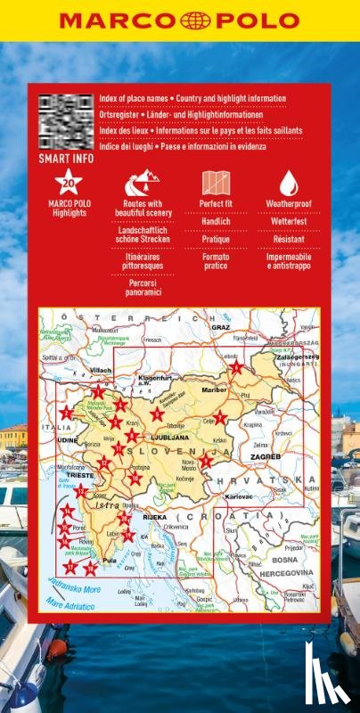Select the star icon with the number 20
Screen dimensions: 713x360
point(69,184)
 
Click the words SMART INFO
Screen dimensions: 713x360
point(63,160)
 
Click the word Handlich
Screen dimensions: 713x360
point(216,221)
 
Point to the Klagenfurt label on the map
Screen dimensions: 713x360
point(154,378)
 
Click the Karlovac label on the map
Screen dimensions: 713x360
point(240,495)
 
